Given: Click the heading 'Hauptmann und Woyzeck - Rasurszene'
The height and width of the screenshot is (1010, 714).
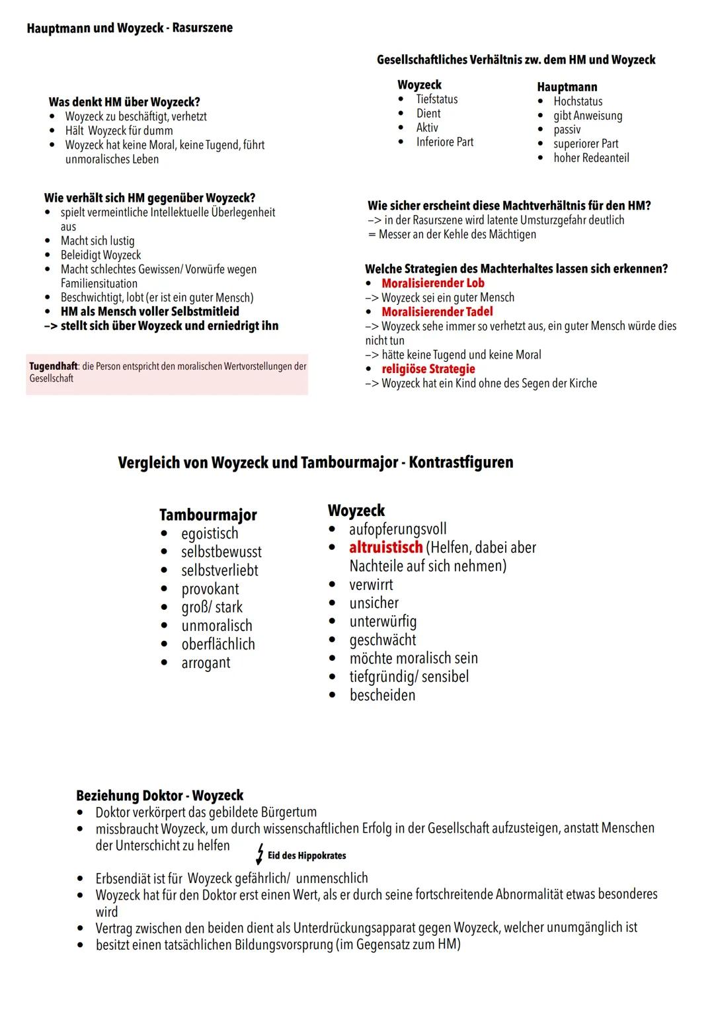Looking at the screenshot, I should [130, 28].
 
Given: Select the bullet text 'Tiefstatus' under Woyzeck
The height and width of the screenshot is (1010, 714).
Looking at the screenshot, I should [436, 99].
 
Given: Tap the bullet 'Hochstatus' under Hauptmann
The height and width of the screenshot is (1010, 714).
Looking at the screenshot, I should [578, 101].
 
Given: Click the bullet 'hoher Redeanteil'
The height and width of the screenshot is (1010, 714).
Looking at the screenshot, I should [591, 158].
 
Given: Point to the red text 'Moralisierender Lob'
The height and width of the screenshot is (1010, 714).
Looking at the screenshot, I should [432, 283].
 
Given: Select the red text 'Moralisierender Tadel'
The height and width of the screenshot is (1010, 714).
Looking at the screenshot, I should [437, 312].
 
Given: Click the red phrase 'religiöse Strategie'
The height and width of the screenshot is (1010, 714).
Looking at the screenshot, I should [428, 369].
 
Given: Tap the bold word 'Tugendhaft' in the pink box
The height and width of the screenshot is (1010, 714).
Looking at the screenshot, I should [53, 366].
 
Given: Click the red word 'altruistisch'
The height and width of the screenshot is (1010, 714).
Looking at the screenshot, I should [385, 548].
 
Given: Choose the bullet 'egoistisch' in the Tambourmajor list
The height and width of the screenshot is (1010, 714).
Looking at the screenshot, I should [210, 533].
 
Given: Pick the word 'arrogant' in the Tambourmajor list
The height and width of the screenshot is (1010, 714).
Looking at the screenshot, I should [206, 663].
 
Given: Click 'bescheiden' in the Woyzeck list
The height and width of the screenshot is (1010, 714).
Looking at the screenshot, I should [382, 695].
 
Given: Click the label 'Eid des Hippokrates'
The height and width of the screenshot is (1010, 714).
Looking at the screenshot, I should [307, 856].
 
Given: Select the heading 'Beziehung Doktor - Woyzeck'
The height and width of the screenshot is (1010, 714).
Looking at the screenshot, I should [159, 796].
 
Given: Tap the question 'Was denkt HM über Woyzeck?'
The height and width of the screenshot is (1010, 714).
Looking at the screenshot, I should [124, 102].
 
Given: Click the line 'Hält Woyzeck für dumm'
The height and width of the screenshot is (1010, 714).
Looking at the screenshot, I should [119, 131].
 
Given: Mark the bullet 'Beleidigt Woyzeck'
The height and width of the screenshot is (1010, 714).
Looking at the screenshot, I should [100, 255].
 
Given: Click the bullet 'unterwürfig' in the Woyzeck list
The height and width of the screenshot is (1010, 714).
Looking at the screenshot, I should [383, 622].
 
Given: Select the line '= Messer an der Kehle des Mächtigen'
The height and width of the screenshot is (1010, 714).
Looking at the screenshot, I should [452, 235].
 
